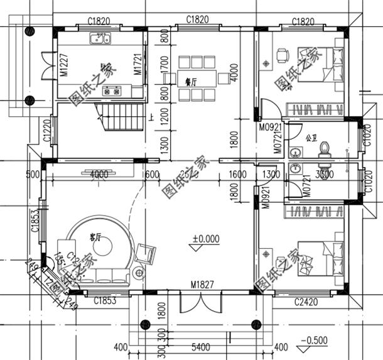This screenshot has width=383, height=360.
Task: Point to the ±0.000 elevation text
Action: [206, 239]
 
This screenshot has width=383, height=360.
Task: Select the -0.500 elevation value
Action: [314, 341]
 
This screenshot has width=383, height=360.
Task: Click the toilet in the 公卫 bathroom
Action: [325, 148]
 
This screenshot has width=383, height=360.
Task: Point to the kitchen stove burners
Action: [112, 91]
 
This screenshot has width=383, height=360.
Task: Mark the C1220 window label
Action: [46, 130]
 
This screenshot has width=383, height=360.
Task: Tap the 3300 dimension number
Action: [325, 174]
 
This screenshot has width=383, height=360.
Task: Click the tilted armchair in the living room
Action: [145, 253]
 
